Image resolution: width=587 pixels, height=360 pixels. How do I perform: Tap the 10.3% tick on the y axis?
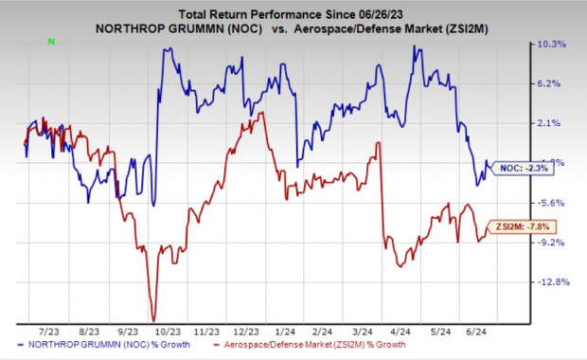click(x=552, y=45)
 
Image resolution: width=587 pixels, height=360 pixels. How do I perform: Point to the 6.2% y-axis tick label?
click(x=552, y=83)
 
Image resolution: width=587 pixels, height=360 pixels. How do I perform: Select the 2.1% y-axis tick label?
click(x=552, y=123)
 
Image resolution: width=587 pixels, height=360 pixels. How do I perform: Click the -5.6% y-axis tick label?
click(x=552, y=203)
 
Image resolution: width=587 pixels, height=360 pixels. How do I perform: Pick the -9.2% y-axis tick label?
click(x=552, y=243)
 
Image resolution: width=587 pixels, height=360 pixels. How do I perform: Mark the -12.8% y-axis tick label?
click(x=552, y=282)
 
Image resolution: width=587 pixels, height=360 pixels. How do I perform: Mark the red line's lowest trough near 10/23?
click(x=153, y=319)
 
